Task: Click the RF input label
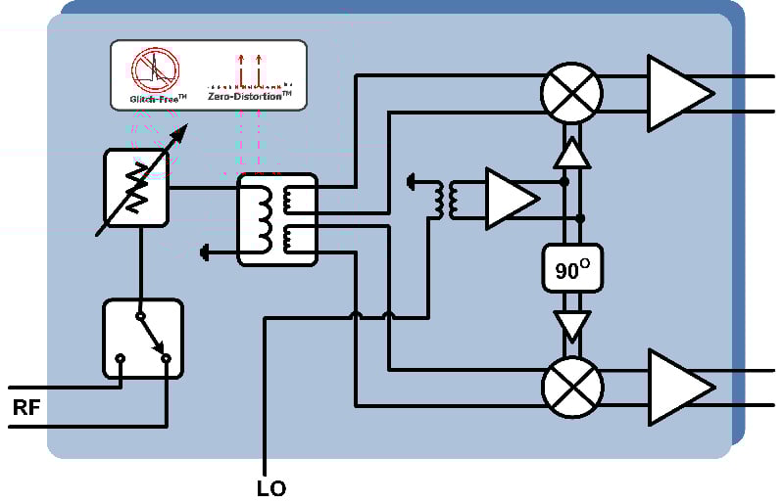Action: click(x=26, y=408)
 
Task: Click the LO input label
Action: click(x=271, y=488)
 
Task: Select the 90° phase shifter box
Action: click(x=572, y=269)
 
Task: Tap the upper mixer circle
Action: click(x=571, y=93)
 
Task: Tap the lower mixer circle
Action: click(x=572, y=387)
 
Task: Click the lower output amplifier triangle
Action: click(x=680, y=388)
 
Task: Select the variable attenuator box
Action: click(x=136, y=188)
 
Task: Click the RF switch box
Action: click(x=143, y=339)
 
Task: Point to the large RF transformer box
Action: click(x=277, y=220)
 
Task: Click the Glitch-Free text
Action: click(x=158, y=99)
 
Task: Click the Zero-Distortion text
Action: click(x=250, y=95)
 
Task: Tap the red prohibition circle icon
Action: click(x=156, y=69)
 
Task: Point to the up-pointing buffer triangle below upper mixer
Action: click(x=572, y=153)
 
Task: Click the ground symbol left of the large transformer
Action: click(x=204, y=252)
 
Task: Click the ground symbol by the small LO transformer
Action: click(x=412, y=182)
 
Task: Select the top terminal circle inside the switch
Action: click(x=141, y=316)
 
